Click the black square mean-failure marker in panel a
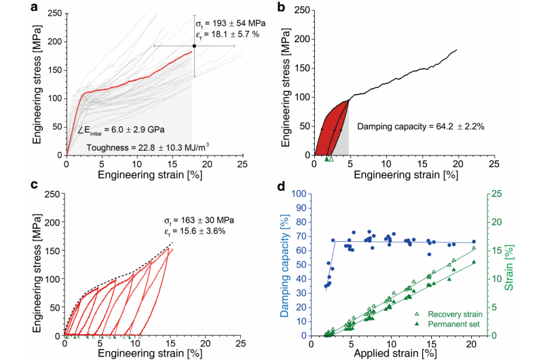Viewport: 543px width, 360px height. [194, 46]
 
